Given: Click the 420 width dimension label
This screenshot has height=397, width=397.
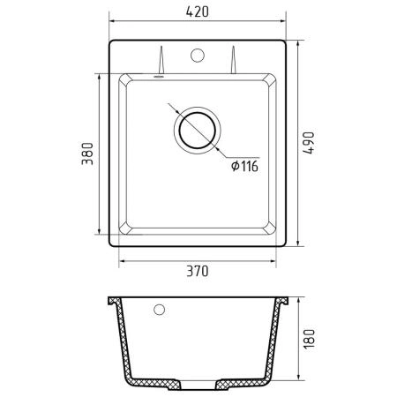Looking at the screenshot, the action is point(198,11).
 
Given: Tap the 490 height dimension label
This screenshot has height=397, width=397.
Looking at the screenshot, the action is point(309,143).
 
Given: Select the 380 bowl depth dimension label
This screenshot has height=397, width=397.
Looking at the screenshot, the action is point(87,154).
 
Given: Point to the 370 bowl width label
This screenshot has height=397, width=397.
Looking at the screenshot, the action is point(198,271).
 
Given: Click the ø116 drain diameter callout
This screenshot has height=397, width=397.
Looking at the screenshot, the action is point(244,166).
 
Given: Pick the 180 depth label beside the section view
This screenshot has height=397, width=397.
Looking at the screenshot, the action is point(309,339).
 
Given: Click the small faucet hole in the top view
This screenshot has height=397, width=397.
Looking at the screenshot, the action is point(198,55).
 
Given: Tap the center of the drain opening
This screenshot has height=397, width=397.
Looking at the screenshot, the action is point(198,130).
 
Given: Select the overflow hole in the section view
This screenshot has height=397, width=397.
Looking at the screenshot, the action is point(160,309).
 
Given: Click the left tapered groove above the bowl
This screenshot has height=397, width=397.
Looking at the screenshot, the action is point(161,60).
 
